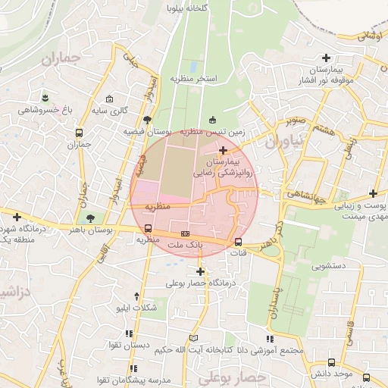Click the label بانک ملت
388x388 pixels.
(x=185, y=246)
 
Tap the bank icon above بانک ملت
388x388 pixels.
(x=185, y=233)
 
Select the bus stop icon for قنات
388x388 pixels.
(x=239, y=242)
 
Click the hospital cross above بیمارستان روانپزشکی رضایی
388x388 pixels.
(x=222, y=152)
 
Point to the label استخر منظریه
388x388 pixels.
(x=194, y=78)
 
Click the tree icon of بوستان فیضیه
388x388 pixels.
(x=147, y=120)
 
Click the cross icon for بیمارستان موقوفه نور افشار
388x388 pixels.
(x=327, y=58)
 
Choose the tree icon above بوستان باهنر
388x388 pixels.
(x=91, y=217)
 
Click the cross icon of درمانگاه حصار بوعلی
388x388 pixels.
(x=201, y=271)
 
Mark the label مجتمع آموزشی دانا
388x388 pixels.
(x=270, y=350)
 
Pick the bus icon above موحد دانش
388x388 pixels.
(x=330, y=363)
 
